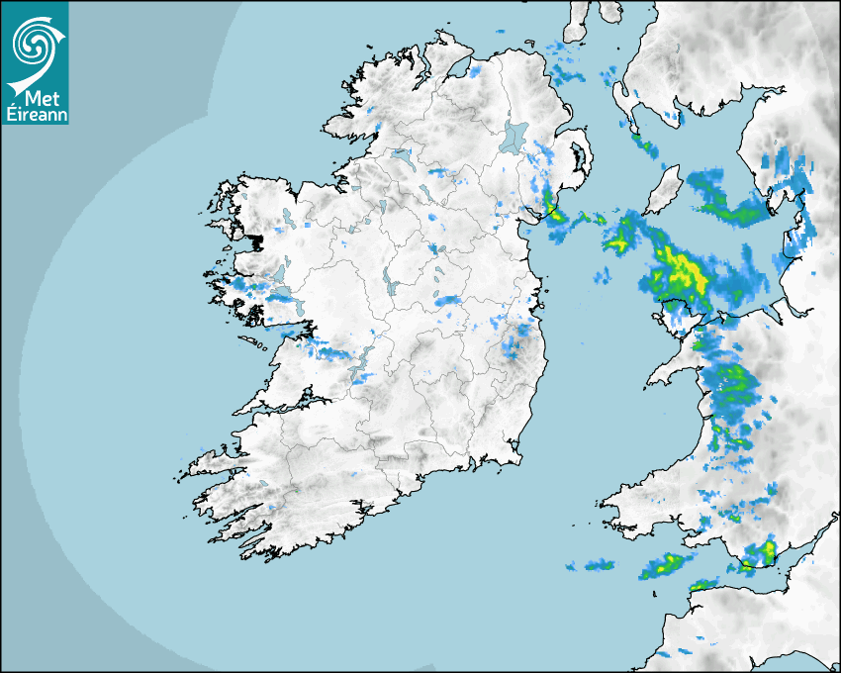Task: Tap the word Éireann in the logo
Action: [36, 113]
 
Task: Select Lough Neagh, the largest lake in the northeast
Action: [514, 136]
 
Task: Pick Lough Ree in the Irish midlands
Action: [389, 286]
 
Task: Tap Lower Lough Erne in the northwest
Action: [401, 155]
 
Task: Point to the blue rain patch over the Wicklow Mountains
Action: [514, 343]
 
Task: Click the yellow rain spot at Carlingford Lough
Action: [550, 214]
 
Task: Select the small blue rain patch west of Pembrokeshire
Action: [597, 565]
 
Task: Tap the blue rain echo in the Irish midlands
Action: [449, 300]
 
